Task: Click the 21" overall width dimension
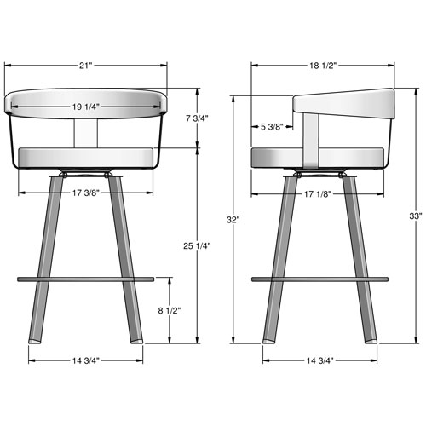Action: click(x=86, y=65)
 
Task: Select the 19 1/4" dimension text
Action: click(x=86, y=107)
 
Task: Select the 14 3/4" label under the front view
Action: click(x=86, y=360)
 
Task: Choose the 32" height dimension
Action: click(x=233, y=219)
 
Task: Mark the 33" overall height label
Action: click(x=416, y=215)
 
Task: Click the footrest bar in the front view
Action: click(x=86, y=278)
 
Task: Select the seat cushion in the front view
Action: click(x=86, y=158)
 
